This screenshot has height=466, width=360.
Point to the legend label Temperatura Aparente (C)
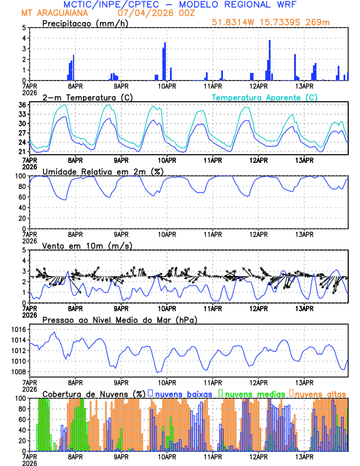(x=264, y=97)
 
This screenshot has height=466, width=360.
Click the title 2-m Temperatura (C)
(x=81, y=97)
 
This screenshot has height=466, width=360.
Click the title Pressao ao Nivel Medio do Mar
(x=119, y=319)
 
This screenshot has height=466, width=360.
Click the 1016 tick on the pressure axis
(x=18, y=329)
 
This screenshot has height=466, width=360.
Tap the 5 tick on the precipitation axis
(x=24, y=28)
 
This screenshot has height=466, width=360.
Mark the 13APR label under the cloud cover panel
(x=304, y=457)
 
